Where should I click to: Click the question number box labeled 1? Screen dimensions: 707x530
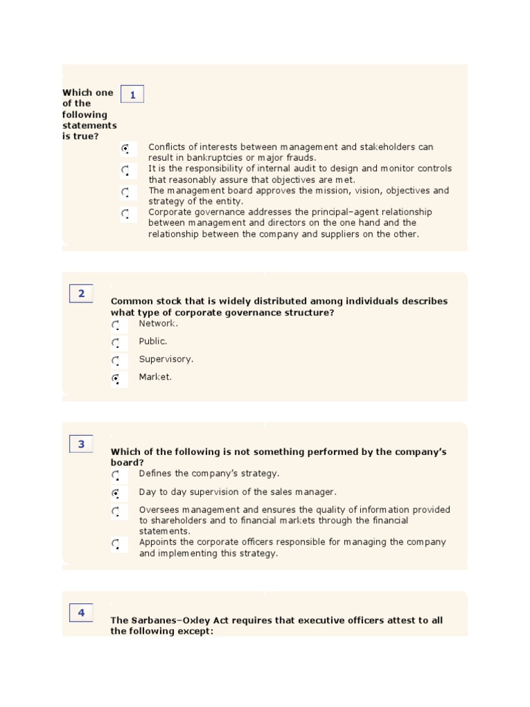[x=132, y=95]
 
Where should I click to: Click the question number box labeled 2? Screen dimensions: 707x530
[x=81, y=293]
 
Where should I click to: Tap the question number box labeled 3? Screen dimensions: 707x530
[x=81, y=444]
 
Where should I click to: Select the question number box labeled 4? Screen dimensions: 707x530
[x=81, y=612]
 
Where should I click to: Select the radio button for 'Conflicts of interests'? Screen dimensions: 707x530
[x=126, y=148]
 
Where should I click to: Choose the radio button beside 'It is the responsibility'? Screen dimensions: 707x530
[x=126, y=170]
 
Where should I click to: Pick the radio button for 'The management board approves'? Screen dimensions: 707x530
[x=126, y=192]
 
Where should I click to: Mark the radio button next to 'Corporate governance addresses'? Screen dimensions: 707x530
[x=126, y=214]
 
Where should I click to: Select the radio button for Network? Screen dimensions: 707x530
[x=115, y=325]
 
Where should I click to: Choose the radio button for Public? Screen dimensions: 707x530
[x=115, y=343]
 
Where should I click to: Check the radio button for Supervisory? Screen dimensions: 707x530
[x=115, y=361]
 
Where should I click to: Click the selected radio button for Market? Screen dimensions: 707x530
[x=115, y=378]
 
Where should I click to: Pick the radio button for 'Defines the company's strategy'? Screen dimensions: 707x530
[x=115, y=475]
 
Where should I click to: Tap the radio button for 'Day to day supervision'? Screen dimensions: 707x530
[x=115, y=493]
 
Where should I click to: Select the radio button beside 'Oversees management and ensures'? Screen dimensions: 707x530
[x=115, y=512]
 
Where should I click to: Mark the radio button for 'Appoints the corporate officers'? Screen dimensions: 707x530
[x=115, y=544]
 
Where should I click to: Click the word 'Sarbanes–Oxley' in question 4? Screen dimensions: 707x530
[x=168, y=620]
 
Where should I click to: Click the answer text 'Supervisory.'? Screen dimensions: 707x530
[x=166, y=359]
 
